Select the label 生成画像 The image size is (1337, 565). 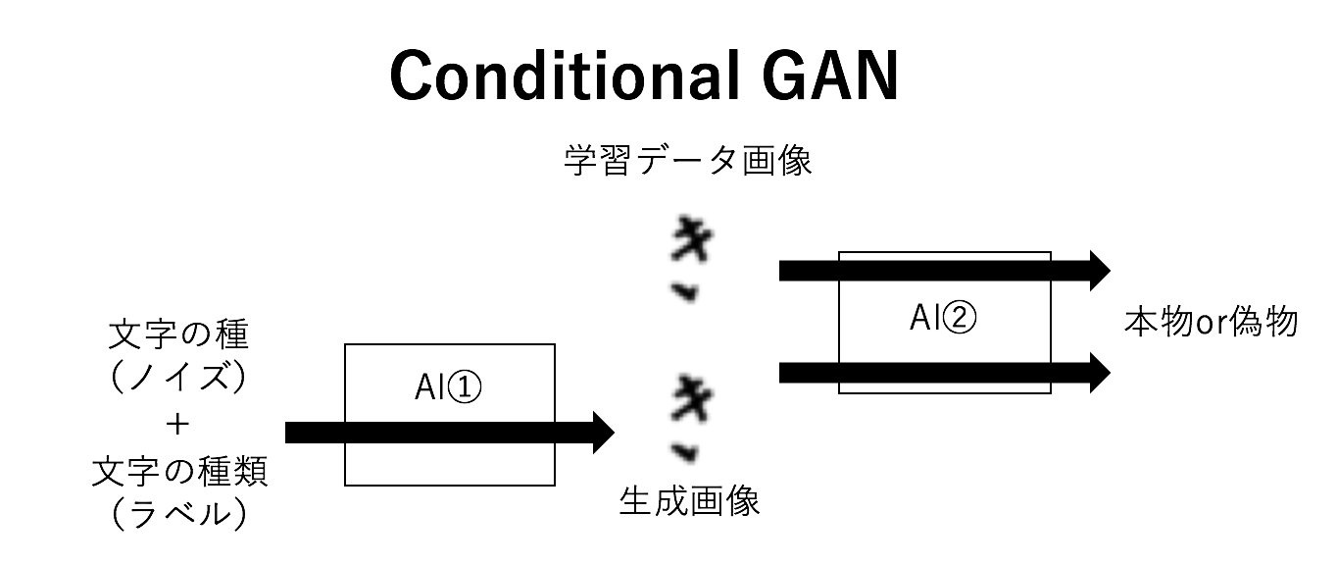click(689, 502)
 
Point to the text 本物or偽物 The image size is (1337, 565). click(1212, 322)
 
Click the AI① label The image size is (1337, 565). click(449, 389)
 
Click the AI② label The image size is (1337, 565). click(944, 317)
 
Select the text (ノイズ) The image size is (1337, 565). click(178, 380)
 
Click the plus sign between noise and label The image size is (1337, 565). click(178, 425)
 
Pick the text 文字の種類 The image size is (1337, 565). click(178, 472)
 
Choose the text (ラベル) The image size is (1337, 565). click(178, 514)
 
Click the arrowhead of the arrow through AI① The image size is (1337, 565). click(600, 432)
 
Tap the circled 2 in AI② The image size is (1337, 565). click(962, 318)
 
